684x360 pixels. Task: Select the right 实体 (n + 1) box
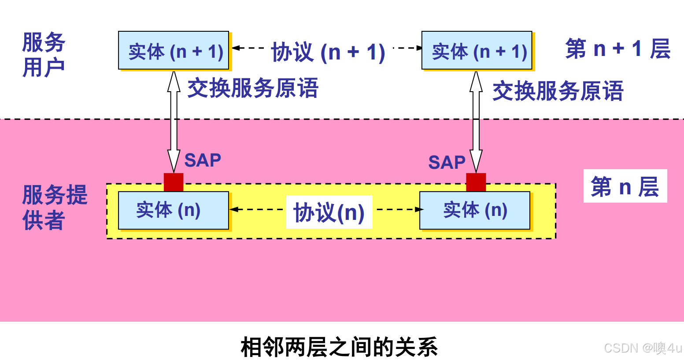(x=477, y=51)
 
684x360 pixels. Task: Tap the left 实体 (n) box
(x=174, y=210)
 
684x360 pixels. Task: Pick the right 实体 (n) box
(x=475, y=210)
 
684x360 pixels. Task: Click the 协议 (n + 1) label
(x=328, y=52)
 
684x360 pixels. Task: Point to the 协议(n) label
(x=329, y=212)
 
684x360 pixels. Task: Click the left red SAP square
(x=174, y=182)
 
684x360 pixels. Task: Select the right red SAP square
(x=476, y=182)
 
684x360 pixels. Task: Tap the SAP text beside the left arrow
(x=203, y=160)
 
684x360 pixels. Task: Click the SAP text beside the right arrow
(x=447, y=162)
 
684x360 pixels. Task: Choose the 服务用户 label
(x=44, y=55)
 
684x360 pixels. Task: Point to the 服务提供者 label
(x=55, y=208)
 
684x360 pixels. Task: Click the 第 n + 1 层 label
(x=617, y=48)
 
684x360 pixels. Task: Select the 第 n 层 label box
(x=625, y=186)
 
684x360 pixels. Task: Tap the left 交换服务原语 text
(x=253, y=88)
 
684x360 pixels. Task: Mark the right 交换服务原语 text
(x=558, y=91)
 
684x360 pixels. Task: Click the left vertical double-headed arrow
(x=174, y=121)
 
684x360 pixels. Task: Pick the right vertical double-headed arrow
(x=476, y=121)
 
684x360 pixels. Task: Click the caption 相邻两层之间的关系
(x=339, y=347)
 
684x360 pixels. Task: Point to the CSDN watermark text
(x=643, y=348)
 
